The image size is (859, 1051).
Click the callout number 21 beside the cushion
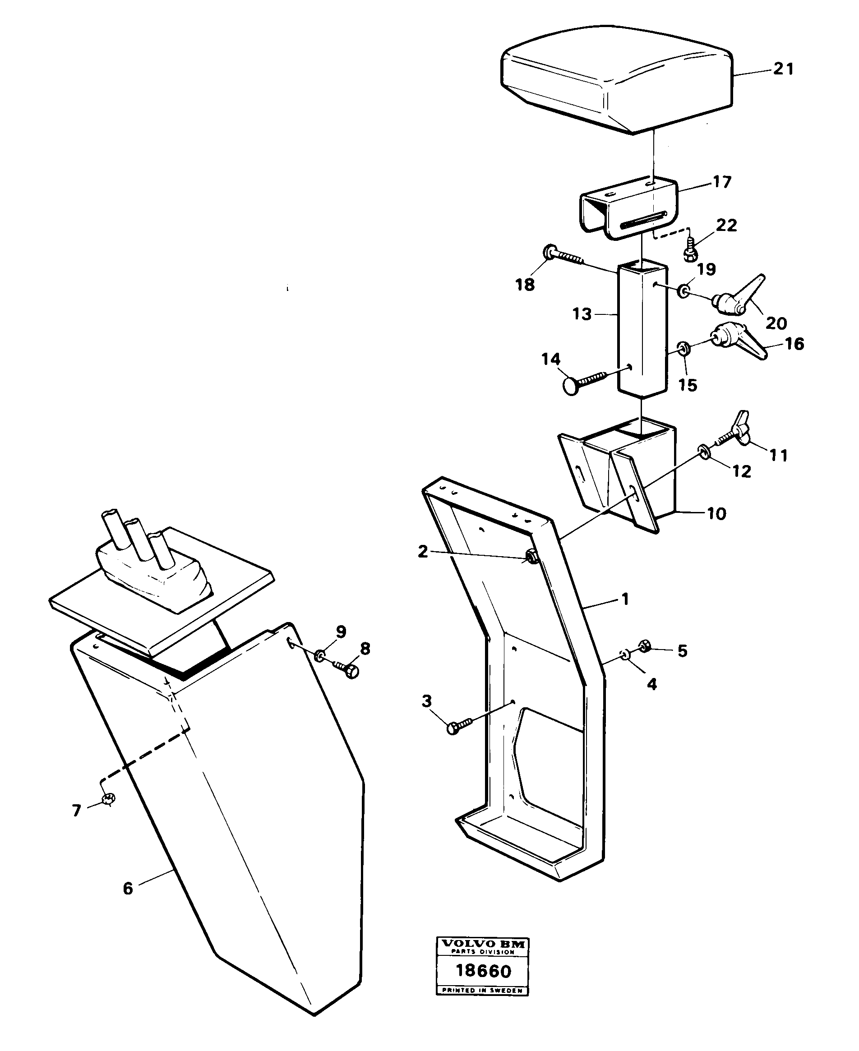pos(783,69)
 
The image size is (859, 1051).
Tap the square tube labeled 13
pos(642,332)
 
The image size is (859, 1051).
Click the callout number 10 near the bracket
pos(716,513)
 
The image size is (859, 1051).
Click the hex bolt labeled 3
pos(458,726)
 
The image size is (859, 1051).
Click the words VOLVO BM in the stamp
pos(482,944)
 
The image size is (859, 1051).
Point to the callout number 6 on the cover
pos(128,889)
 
